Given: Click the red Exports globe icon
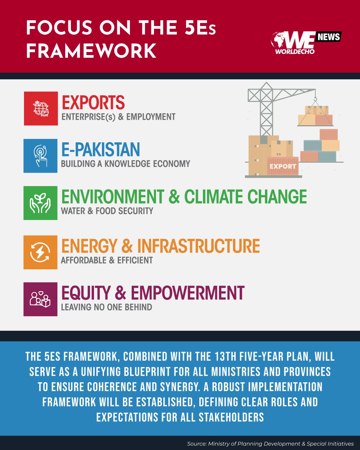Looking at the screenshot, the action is tap(41, 109).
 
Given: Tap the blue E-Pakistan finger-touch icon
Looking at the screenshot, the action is tap(40, 156).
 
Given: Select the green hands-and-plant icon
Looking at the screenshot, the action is tap(40, 203).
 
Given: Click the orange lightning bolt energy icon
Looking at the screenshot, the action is tap(40, 252).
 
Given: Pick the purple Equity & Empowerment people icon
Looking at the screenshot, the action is tap(40, 299).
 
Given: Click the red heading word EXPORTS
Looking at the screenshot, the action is tap(93, 102).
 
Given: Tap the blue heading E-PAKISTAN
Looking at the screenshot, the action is tap(100, 149).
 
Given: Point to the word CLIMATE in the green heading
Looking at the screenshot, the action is tap(214, 196).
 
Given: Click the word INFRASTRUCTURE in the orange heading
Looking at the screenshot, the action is tap(199, 246).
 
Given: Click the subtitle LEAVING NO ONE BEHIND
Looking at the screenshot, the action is tap(106, 307).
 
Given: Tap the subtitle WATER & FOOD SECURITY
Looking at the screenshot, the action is tap(107, 211).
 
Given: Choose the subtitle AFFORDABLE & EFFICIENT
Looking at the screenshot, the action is tap(107, 260).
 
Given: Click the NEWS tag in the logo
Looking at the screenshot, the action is tap(329, 37).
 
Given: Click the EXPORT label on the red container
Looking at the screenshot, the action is tap(283, 166).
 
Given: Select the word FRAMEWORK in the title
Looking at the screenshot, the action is tap(91, 51).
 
